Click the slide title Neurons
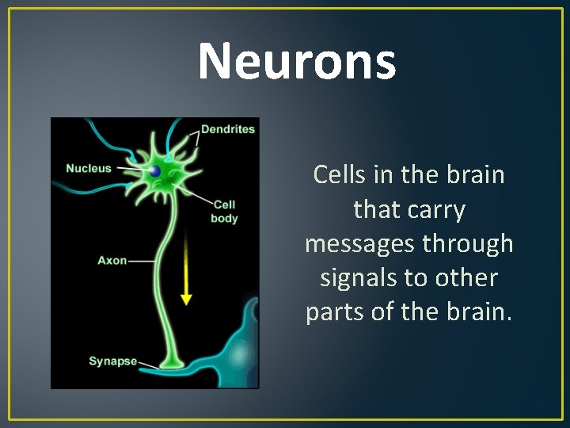(296, 62)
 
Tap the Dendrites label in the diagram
(228, 129)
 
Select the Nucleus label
(88, 168)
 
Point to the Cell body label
(224, 212)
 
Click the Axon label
(112, 260)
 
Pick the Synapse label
(112, 361)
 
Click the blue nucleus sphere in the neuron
(154, 171)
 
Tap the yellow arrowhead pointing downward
(186, 299)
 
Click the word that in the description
(376, 209)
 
